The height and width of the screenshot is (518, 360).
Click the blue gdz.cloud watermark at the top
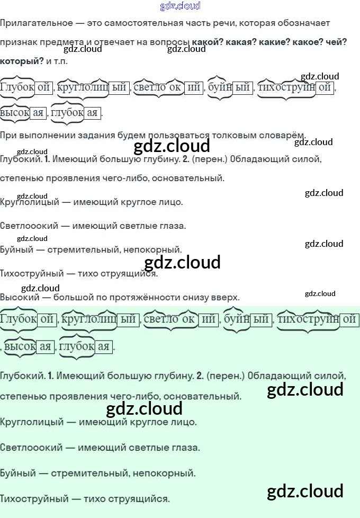tap(180, 6)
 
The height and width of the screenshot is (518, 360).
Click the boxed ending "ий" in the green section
tap(209, 319)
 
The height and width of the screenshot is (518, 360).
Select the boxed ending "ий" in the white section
tap(194, 87)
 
